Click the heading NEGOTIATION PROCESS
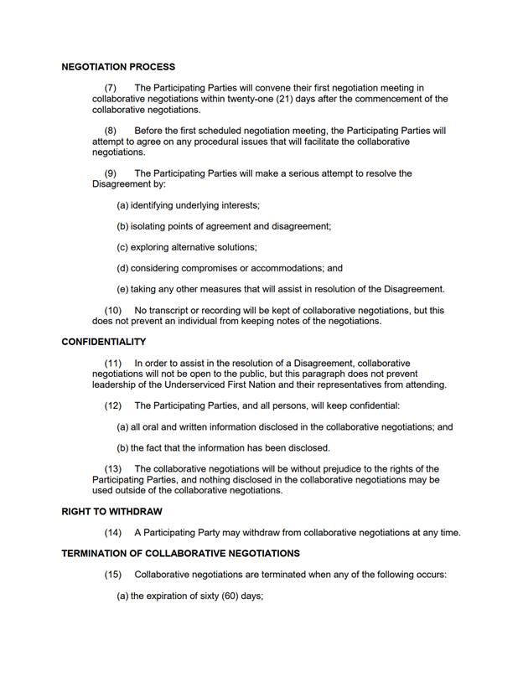click(x=118, y=67)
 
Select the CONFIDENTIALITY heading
click(x=104, y=342)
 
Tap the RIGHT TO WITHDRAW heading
click(x=111, y=511)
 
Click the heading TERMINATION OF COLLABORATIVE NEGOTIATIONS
click(x=180, y=554)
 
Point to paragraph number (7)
click(x=110, y=88)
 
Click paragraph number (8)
click(x=110, y=131)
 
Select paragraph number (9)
click(x=110, y=173)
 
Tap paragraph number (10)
click(x=112, y=311)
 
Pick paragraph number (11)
click(x=112, y=363)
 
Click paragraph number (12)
click(x=112, y=405)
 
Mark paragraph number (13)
click(x=112, y=468)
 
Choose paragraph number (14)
click(x=112, y=533)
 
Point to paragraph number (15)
click(x=112, y=575)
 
